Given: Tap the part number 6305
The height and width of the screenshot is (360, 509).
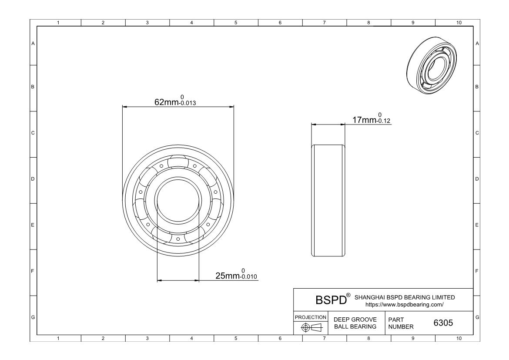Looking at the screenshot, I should (443, 323).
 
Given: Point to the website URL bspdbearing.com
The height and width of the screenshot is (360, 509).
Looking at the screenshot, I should (405, 305).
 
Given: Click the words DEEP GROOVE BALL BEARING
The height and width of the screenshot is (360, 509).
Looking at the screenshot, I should (355, 323).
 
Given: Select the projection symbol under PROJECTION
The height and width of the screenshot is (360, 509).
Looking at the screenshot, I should (311, 327).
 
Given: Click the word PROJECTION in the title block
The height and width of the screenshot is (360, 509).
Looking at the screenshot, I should (311, 317).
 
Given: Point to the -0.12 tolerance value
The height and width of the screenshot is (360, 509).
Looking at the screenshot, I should (384, 121).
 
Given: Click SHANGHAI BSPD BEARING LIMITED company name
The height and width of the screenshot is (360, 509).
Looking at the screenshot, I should (405, 297).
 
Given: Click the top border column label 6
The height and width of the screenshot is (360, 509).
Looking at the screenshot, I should (280, 23).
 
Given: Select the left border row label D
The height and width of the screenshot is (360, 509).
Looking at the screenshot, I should (33, 179).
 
